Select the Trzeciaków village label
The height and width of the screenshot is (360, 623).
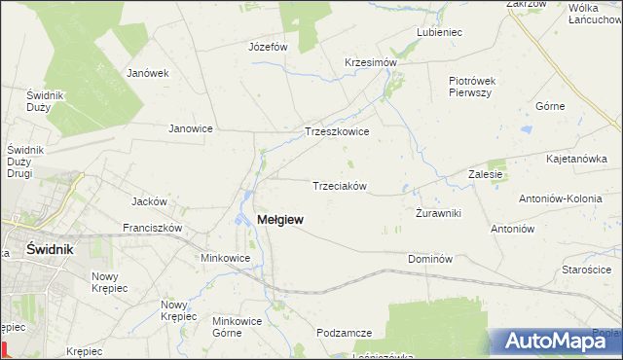point(339,186)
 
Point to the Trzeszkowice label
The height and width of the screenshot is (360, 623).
point(337,131)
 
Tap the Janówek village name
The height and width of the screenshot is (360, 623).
point(149,72)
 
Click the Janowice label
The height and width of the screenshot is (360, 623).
point(191,127)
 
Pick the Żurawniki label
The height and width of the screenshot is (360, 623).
point(438,212)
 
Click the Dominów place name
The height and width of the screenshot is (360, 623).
point(431,259)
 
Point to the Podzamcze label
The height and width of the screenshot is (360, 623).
point(345,333)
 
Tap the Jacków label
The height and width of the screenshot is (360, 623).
point(150,201)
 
